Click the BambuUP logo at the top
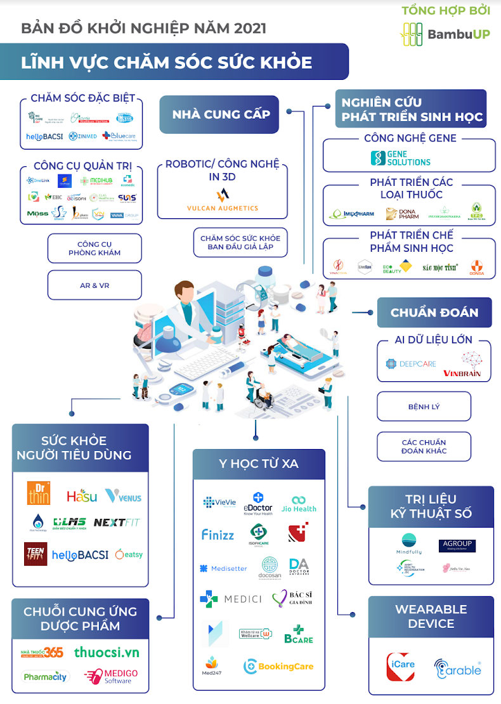click(445, 34)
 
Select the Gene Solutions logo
click(400, 158)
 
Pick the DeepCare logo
click(410, 364)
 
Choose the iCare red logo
click(401, 665)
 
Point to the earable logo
click(457, 669)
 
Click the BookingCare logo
click(278, 666)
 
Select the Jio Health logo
click(299, 504)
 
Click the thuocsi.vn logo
click(107, 652)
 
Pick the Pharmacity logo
click(45, 677)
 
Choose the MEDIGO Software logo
click(111, 677)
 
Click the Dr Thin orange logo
click(38, 493)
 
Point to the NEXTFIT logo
click(117, 523)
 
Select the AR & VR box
click(94, 285)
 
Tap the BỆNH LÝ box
click(424, 407)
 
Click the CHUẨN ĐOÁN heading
click(434, 313)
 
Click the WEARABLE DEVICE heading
click(431, 616)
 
